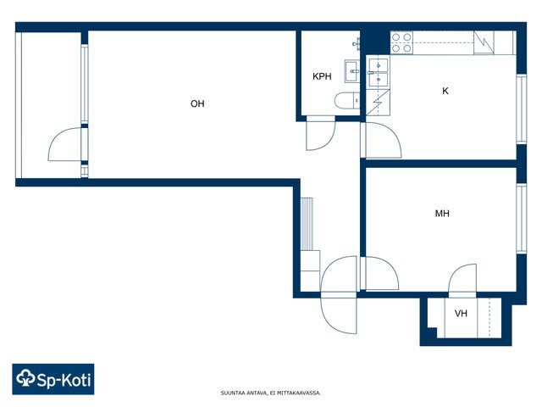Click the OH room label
(x=197, y=103)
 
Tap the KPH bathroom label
(x=322, y=76)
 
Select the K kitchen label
(x=445, y=91)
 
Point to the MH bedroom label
(x=442, y=213)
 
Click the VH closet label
(x=461, y=313)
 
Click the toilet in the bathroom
(x=347, y=101)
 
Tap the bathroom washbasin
(x=352, y=71)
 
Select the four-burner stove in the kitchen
(x=401, y=42)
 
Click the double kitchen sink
(x=379, y=72)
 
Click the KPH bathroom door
(x=321, y=133)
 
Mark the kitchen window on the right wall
(x=522, y=109)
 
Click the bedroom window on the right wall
(x=522, y=219)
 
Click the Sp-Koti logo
(x=53, y=379)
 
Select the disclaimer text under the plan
(x=271, y=393)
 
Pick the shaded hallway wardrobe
(x=307, y=224)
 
